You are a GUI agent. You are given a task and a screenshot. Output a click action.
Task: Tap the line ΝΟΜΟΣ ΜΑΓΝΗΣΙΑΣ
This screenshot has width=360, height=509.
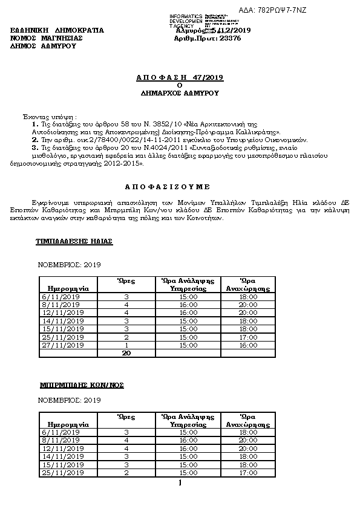point(47,37)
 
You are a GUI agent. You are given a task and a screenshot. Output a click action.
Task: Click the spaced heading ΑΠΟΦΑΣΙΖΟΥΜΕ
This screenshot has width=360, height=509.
point(180,187)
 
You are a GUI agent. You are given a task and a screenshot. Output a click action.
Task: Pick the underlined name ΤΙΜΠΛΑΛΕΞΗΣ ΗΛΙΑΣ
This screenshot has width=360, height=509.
point(75,241)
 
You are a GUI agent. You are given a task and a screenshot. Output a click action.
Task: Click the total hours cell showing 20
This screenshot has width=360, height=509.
point(127,353)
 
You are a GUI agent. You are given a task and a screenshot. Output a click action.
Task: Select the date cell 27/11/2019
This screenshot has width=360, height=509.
point(61,345)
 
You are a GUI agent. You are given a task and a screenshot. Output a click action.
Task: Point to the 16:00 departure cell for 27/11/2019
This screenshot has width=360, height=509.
point(249,345)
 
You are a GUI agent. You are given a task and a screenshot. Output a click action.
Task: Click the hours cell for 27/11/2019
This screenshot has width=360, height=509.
point(127,345)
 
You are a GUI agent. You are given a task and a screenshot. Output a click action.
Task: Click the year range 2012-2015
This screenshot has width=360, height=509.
point(126,163)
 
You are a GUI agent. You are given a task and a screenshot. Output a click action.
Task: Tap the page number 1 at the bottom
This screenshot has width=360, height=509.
point(180,483)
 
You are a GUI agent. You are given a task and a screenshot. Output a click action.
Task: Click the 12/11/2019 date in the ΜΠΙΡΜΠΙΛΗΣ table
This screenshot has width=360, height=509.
point(61,449)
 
